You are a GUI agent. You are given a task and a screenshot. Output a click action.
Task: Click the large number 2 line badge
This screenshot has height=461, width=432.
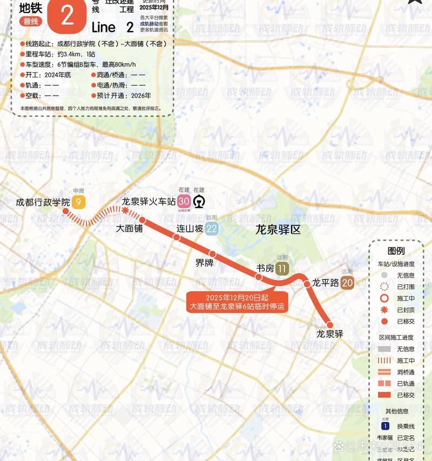tap(67, 16)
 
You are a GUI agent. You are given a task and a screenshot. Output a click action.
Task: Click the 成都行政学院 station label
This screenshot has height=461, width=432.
tap(43, 203)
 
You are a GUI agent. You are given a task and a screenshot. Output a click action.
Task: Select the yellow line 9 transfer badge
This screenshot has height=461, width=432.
tap(79, 203)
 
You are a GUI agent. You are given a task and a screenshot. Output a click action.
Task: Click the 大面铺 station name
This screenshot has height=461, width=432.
tap(130, 229)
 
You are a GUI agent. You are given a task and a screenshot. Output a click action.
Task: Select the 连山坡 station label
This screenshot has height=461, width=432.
tap(190, 229)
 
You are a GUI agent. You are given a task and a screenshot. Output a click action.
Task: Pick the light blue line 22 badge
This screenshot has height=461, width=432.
tap(212, 229)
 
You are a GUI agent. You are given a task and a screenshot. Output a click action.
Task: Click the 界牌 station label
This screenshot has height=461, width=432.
tap(204, 263)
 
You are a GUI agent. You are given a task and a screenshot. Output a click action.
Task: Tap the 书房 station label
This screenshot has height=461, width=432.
tap(265, 269)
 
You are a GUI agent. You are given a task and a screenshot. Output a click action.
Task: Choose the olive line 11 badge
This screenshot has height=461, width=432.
tap(282, 269)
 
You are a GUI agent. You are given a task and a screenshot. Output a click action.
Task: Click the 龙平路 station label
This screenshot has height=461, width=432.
tap(326, 283)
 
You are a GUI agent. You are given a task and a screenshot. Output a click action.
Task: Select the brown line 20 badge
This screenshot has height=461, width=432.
tap(347, 283)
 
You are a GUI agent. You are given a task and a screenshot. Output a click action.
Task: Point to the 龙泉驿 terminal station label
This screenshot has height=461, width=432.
tap(330, 334)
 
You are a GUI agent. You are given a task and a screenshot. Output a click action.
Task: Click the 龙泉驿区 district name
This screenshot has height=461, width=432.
tap(278, 230)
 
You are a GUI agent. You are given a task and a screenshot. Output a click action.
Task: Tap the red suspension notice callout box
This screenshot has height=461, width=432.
tap(237, 302)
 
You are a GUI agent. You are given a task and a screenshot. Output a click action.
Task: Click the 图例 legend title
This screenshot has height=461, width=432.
tap(396, 251)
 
